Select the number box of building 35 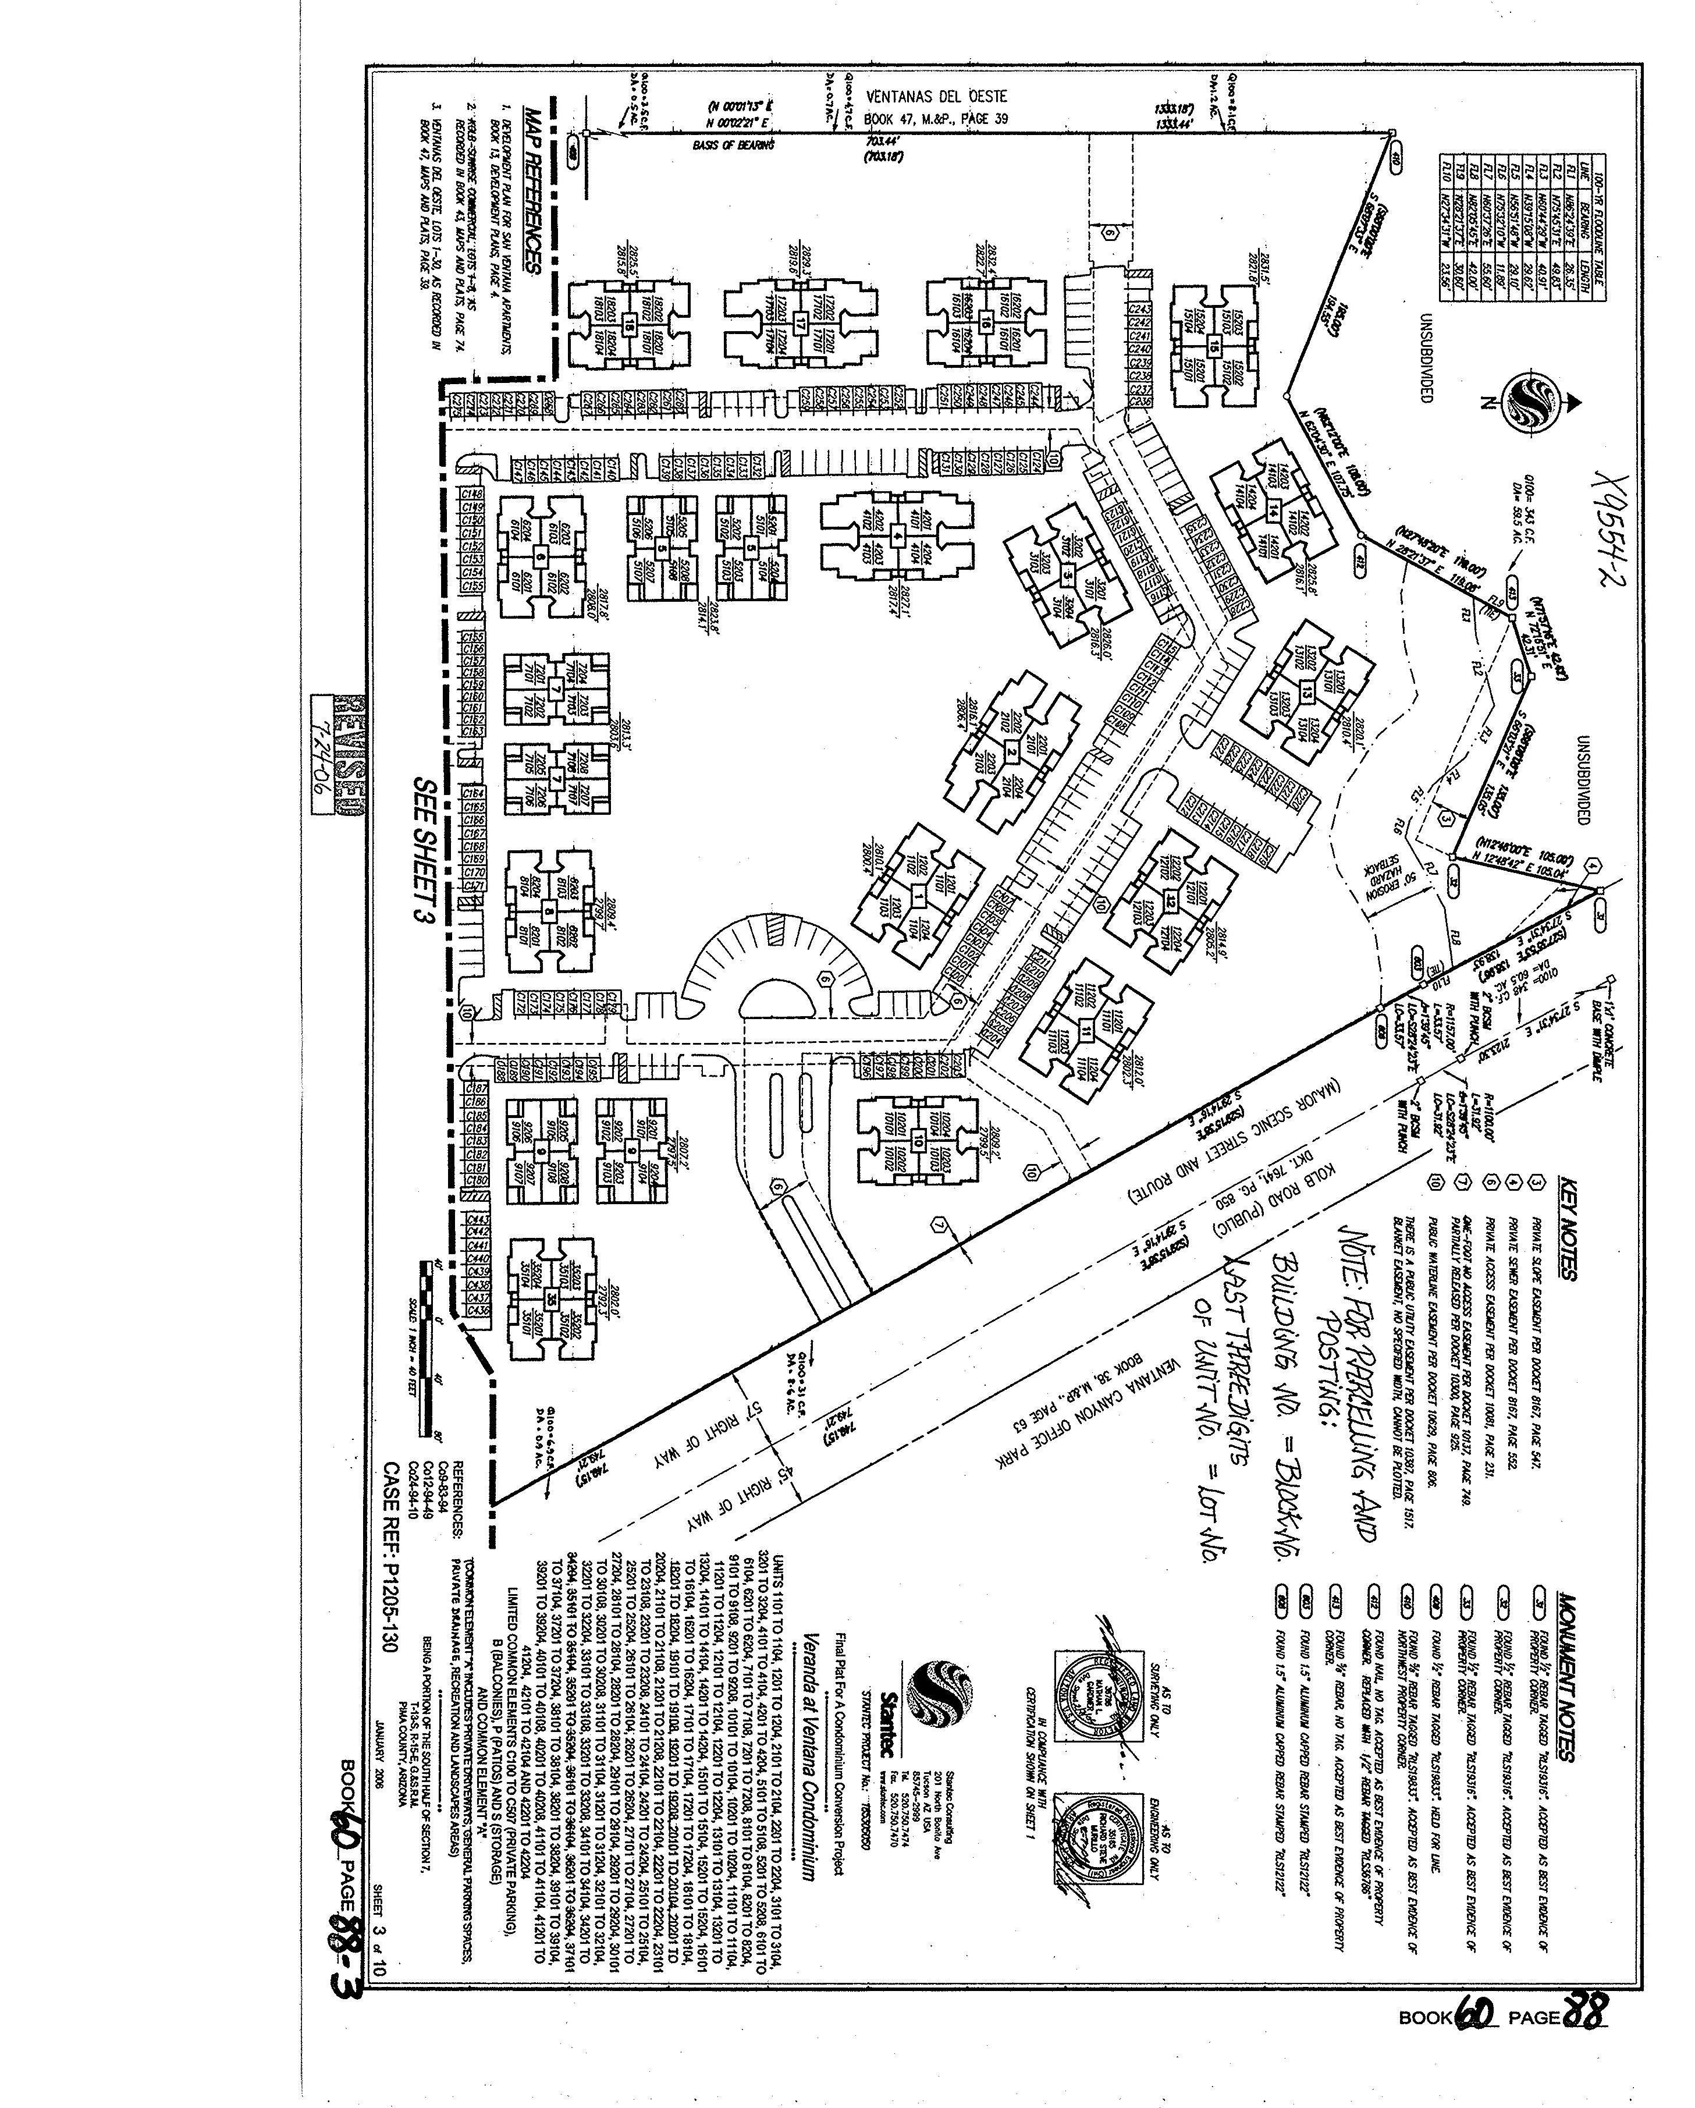pos(552,1298)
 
